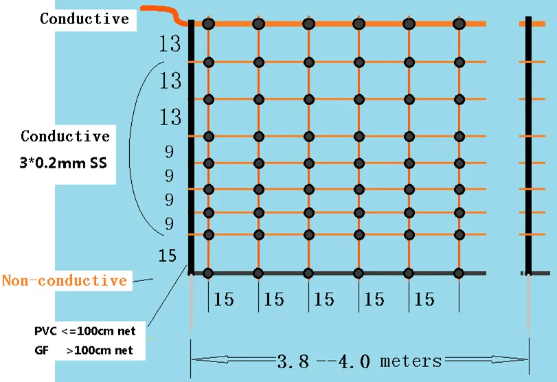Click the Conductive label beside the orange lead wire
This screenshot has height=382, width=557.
click(x=84, y=19)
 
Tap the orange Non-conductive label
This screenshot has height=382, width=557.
click(x=65, y=280)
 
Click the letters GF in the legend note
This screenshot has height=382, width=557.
click(x=41, y=350)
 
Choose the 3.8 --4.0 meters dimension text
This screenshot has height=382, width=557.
click(x=360, y=360)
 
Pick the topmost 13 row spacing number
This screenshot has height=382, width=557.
click(x=170, y=45)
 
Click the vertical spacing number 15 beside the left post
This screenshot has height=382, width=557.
click(x=168, y=256)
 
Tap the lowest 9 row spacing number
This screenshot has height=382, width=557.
click(x=169, y=224)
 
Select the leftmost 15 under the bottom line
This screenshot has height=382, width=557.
click(x=223, y=300)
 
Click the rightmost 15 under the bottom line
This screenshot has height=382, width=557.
click(x=424, y=300)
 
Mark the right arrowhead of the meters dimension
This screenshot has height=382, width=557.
click(x=522, y=359)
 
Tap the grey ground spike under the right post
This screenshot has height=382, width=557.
click(x=528, y=302)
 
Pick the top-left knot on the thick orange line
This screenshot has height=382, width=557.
click(x=209, y=24)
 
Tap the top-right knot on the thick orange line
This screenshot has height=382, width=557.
click(x=459, y=24)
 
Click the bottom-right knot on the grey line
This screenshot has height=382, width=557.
click(x=459, y=273)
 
